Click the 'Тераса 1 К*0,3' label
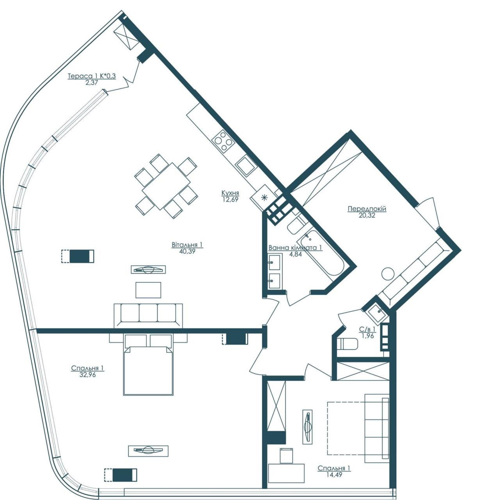(92, 76)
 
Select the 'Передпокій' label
(367, 209)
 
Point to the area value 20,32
(367, 215)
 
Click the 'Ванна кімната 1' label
(295, 248)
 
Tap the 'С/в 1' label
(367, 329)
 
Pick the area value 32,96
(87, 375)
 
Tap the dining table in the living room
(166, 187)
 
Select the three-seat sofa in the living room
(148, 315)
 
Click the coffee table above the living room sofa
(148, 290)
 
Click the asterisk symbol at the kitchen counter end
(264, 197)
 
